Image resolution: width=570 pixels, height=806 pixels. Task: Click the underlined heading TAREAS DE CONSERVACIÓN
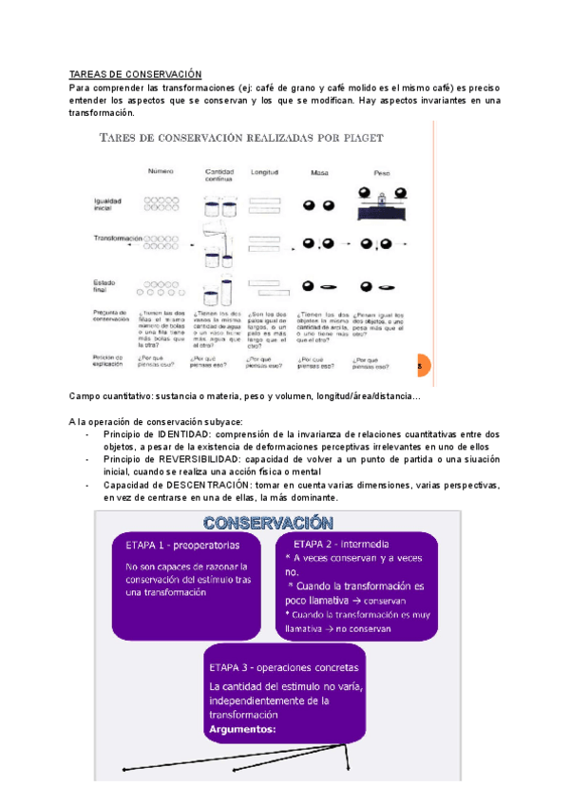(136, 74)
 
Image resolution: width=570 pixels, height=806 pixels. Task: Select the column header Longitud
(264, 172)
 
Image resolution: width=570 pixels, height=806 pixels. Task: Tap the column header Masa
(318, 172)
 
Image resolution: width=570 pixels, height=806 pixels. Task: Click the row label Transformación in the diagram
(118, 239)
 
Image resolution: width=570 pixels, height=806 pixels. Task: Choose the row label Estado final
(105, 285)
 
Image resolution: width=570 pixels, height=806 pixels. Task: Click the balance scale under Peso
(377, 199)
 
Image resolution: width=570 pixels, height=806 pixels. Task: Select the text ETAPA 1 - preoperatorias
(182, 546)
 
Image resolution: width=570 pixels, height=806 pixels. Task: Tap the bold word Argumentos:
(241, 730)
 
